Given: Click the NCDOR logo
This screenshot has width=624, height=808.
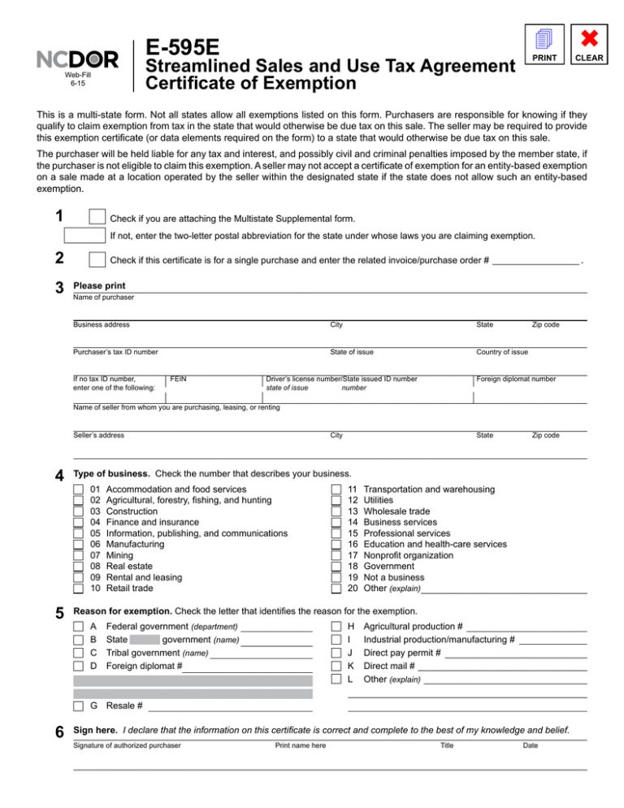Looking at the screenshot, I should pos(77,59).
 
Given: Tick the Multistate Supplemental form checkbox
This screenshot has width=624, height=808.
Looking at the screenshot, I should pos(97,217).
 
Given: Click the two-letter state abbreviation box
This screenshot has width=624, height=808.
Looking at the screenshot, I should pos(84,237).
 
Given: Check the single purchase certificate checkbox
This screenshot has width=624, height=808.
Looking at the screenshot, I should pos(97,259).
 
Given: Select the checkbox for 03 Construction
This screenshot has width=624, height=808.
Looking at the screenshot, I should pos(78,512).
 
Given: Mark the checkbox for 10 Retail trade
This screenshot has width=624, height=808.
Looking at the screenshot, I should pos(78,588).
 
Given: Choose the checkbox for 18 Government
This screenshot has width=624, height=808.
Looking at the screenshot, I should pos(336,566).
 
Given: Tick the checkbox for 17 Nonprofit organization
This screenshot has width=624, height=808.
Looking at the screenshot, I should pos(336,555).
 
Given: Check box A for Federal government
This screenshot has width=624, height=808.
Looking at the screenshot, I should pos(78,627).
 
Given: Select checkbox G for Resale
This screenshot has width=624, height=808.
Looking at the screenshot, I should pos(78,706).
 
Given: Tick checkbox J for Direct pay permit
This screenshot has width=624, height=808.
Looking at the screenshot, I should pos(336,653).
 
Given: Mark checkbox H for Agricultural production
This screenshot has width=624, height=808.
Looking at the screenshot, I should pos(336,627).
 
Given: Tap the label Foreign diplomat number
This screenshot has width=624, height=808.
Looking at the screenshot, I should pos(516,379).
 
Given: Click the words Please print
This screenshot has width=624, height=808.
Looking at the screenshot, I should pos(99,286).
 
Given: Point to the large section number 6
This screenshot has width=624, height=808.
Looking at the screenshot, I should pos(59,732).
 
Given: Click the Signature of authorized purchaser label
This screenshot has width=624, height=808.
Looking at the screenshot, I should pos(127,745).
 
